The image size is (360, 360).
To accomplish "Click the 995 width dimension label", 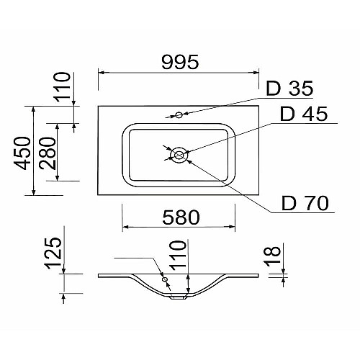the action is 180,62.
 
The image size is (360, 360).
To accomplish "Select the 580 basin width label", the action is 181,217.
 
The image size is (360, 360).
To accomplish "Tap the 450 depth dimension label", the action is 22,153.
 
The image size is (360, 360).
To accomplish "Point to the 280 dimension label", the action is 48,153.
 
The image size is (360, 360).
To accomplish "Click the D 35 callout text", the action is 289,89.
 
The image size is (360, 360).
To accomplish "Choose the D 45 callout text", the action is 304,114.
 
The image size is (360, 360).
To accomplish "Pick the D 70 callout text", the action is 305,203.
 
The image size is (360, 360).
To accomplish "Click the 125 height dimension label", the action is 54,253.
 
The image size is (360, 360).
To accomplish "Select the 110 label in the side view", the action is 178,256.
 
